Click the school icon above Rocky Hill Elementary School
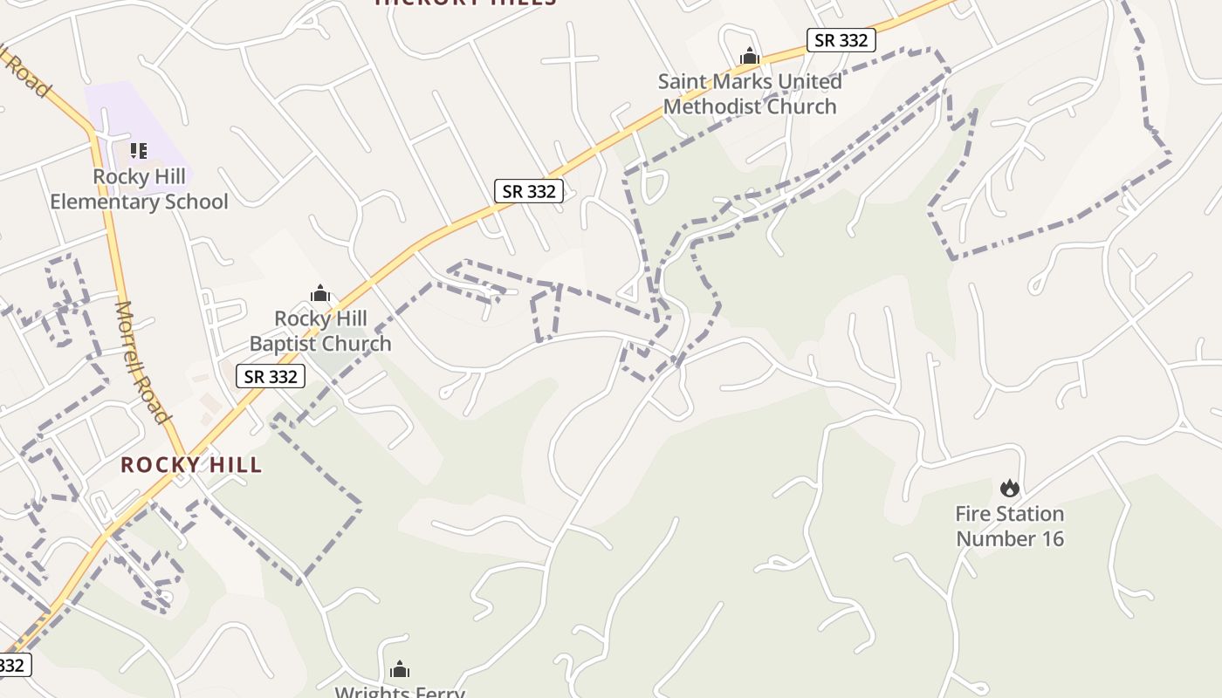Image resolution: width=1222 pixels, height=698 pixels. pos(138,151)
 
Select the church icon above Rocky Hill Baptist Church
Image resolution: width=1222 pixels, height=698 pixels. pos(320,293)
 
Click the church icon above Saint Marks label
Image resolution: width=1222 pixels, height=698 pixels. pos(750,57)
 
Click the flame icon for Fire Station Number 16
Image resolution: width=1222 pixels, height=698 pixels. pos(1010,489)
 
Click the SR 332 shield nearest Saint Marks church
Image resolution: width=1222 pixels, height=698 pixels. pos(841,39)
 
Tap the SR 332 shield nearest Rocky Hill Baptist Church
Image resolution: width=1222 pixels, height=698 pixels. pos(271,376)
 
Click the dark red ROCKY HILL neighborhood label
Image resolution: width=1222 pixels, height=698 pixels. pos(191,465)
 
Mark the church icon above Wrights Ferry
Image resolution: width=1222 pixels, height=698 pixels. pos(400,670)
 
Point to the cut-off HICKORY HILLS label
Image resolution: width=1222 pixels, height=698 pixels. pos(466,3)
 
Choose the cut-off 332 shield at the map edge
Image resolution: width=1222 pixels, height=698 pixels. pos(13,665)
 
